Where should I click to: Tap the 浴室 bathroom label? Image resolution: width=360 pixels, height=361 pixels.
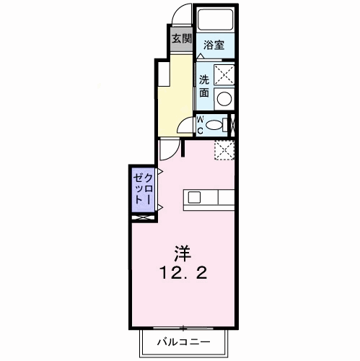(x=214, y=45)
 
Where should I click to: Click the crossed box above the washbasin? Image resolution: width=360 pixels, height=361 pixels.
(x=225, y=74)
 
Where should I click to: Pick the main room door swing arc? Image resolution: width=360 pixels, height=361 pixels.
(x=170, y=149)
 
